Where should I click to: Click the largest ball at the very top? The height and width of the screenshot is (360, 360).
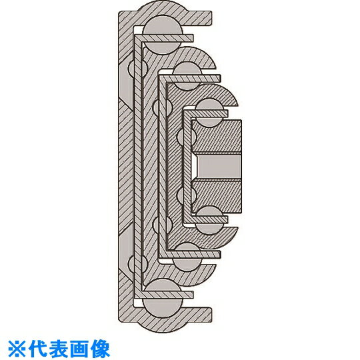(162, 35)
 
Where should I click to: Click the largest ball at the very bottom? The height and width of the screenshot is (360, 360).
(162, 298)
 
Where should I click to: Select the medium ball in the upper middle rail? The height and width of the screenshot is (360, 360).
(187, 76)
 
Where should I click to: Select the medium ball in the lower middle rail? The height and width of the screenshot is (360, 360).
(187, 257)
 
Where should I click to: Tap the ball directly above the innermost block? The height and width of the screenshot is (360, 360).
(209, 113)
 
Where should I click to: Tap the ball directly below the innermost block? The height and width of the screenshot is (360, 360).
(209, 221)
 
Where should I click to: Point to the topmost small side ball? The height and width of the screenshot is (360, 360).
(137, 68)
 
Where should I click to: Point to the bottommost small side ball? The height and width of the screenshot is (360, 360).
(137, 263)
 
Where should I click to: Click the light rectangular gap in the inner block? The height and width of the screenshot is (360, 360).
(219, 167)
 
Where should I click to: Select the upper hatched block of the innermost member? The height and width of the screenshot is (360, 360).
(216, 136)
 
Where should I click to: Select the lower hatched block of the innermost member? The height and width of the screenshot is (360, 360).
(216, 197)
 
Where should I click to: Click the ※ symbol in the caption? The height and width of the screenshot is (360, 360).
(16, 349)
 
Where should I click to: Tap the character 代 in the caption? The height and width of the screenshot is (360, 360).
(37, 349)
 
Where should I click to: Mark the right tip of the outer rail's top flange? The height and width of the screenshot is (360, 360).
(212, 17)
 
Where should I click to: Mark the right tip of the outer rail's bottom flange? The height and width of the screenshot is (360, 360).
(212, 314)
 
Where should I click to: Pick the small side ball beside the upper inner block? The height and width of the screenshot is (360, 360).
(187, 137)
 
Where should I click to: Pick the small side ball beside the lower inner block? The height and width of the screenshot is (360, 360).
(187, 195)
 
